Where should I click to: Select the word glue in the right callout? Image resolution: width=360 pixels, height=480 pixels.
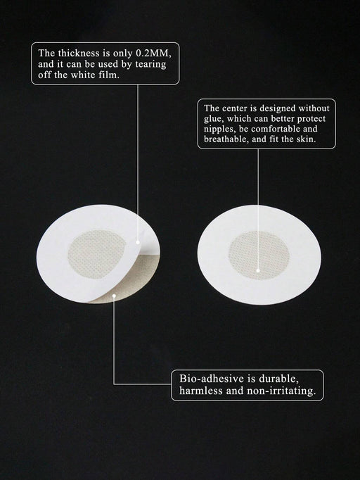[212, 119]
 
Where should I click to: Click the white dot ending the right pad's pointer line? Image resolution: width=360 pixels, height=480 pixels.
[258, 270]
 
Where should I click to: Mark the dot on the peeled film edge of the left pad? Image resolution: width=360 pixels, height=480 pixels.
[138, 242]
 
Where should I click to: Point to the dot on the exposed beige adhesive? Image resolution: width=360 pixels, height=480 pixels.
[114, 296]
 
